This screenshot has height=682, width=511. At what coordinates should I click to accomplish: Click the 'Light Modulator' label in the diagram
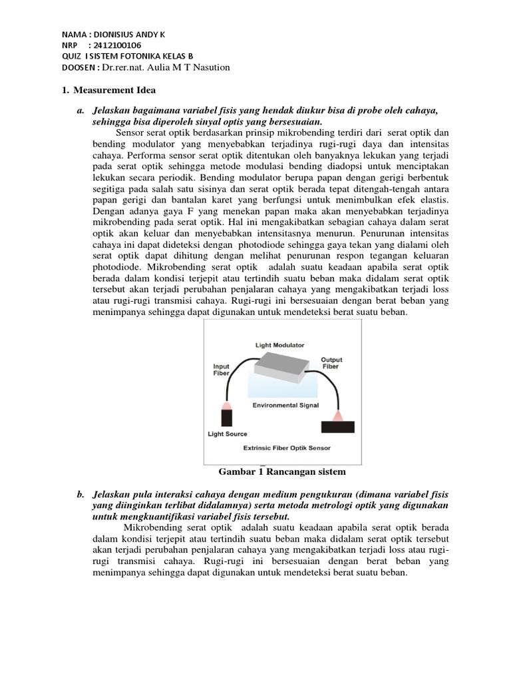point(280,345)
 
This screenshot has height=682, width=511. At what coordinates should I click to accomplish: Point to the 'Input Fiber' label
point(221,370)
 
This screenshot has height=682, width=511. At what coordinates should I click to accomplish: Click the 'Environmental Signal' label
point(285,404)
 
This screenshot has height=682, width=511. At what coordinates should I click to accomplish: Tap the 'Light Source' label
point(228,434)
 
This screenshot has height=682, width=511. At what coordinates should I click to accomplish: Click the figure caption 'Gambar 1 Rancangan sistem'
point(283,472)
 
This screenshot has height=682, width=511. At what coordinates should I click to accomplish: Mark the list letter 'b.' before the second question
point(81,495)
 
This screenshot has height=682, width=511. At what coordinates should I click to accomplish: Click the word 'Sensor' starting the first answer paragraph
point(130,131)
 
